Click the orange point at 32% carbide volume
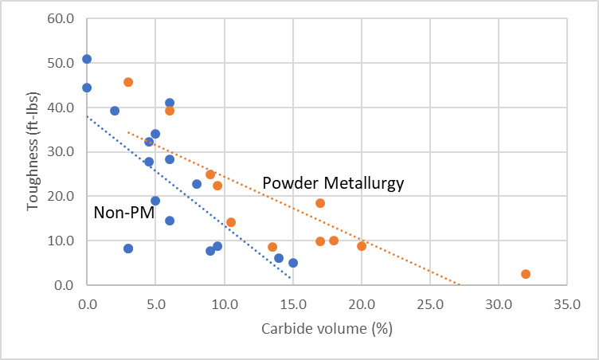point(526,274)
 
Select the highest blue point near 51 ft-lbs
point(87,59)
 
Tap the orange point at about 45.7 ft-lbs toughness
point(128,82)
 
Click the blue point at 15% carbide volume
point(293,263)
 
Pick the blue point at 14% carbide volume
point(279,258)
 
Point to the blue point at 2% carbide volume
point(115,111)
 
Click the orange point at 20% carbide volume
point(362,246)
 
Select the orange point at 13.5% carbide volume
point(272,247)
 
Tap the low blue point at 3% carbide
point(128,248)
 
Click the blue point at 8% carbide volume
point(197,184)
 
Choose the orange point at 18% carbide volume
point(334,241)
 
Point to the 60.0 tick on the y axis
point(61,19)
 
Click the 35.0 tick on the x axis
point(566,304)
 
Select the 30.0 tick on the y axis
point(61,152)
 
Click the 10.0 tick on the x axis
point(224,304)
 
